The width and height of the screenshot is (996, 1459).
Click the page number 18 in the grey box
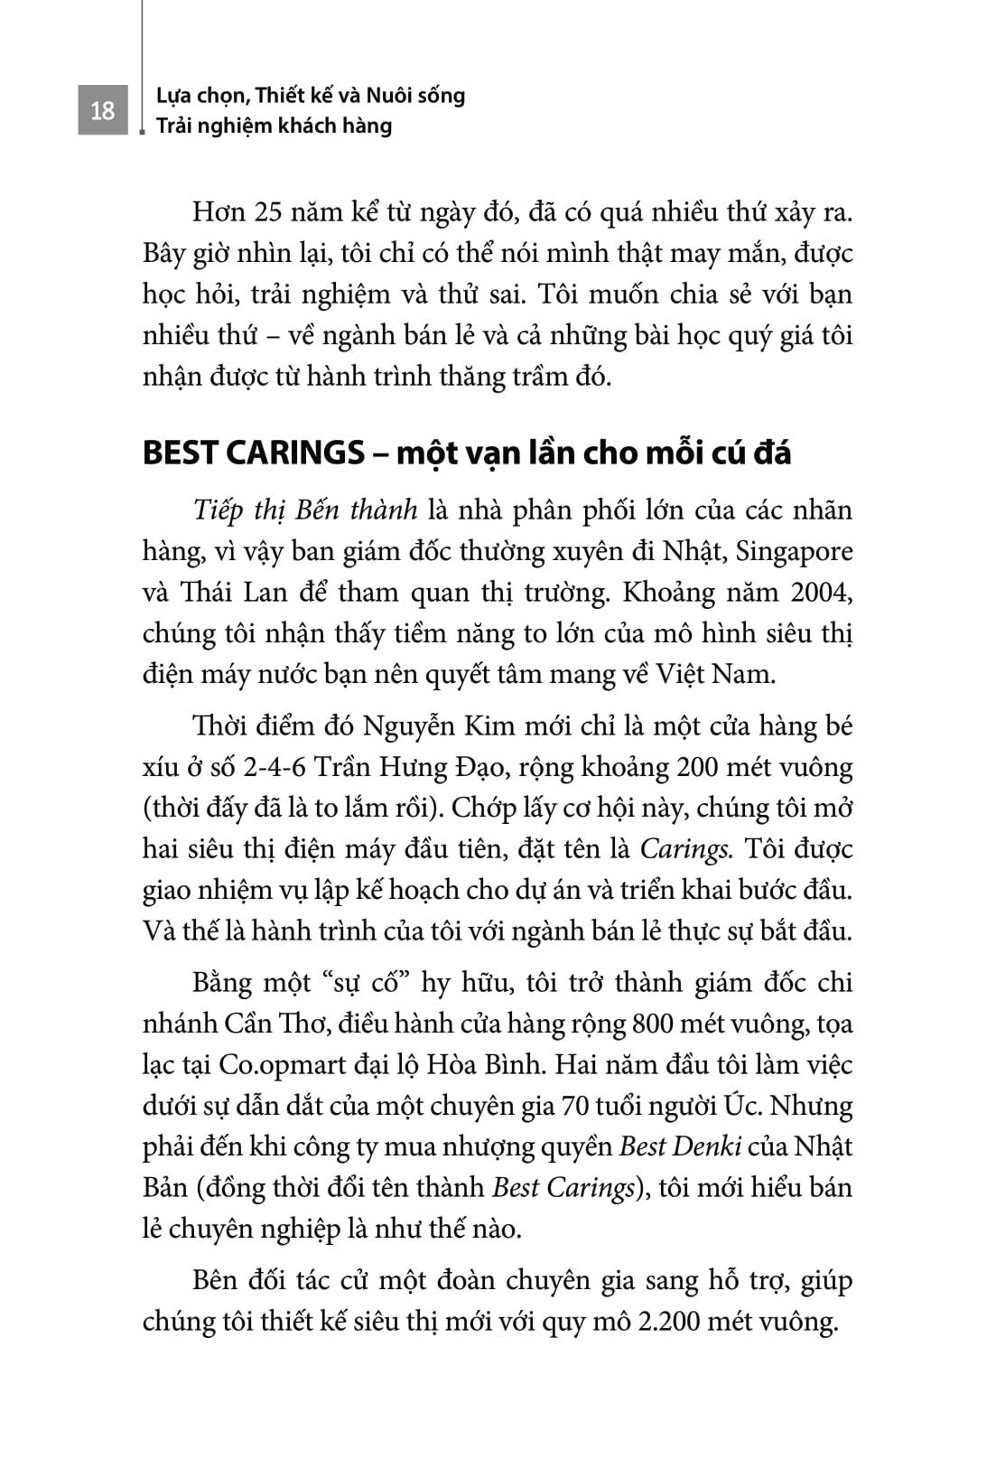tap(102, 111)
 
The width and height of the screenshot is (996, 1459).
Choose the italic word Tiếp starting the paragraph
tap(219, 510)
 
